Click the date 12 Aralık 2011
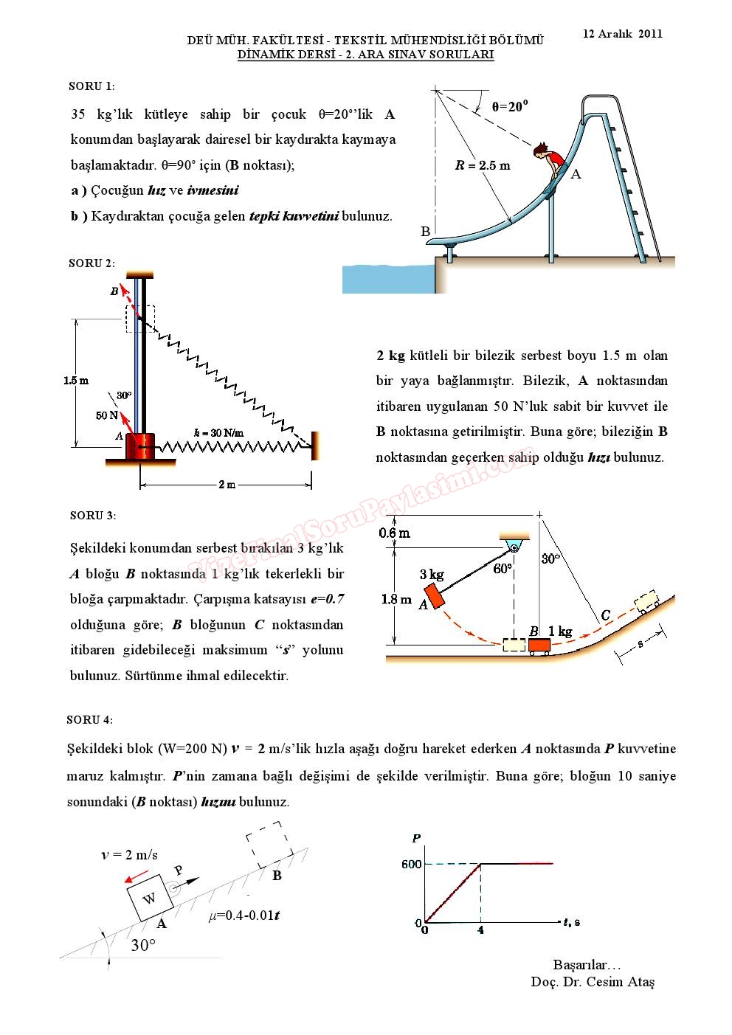click(x=622, y=34)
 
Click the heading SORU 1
click(x=91, y=86)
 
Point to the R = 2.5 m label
click(x=483, y=166)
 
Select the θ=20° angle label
click(x=510, y=107)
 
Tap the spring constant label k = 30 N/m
click(x=218, y=433)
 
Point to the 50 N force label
click(x=107, y=415)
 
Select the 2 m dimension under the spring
click(x=227, y=485)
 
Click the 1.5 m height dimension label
click(x=76, y=381)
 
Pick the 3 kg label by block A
click(x=432, y=575)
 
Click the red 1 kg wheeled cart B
click(x=539, y=646)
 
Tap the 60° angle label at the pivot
click(x=502, y=569)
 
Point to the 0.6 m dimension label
click(x=395, y=533)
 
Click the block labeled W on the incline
click(x=150, y=898)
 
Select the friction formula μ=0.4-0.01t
click(x=244, y=915)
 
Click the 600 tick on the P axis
click(x=412, y=864)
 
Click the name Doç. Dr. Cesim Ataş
click(x=592, y=982)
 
